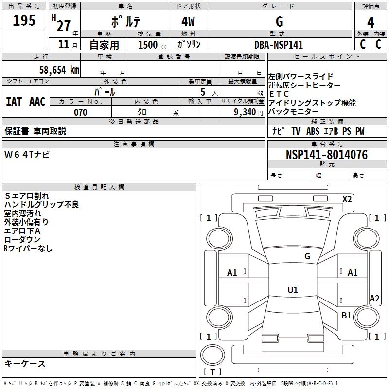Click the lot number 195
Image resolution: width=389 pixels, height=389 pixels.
24,21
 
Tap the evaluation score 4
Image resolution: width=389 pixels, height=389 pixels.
371,22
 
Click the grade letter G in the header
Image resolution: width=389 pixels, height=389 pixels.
279,22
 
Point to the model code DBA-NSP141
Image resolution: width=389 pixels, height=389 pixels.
278,45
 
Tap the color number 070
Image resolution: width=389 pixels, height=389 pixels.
80,112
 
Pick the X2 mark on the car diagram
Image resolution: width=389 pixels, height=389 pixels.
347,199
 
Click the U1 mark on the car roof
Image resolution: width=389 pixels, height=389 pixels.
292,290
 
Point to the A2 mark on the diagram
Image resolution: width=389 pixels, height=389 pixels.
374,299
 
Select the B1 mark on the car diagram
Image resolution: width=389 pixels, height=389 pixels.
346,316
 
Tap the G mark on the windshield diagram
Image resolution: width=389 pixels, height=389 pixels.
307,256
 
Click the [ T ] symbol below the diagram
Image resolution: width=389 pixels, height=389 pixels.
212,372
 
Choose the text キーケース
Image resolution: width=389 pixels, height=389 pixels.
25,363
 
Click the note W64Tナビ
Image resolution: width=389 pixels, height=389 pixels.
27,155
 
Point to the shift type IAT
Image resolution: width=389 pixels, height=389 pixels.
14,102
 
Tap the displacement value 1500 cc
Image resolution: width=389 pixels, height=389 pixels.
151,45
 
